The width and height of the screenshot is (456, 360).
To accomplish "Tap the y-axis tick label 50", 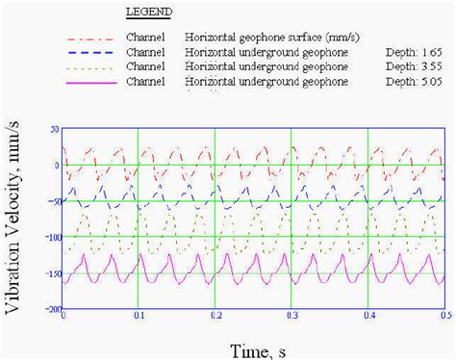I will (x=55, y=128).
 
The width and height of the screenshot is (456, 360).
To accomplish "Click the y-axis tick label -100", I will (x=52, y=238).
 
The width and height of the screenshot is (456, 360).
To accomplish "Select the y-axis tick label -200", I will (x=52, y=310).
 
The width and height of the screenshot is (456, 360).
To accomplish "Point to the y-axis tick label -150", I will (x=52, y=274).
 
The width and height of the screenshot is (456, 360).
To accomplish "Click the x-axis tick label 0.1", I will (x=139, y=317).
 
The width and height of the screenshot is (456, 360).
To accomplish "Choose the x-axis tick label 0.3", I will (x=291, y=317).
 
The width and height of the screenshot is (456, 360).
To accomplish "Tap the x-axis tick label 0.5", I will (x=442, y=317).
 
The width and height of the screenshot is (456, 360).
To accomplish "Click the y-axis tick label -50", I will (x=54, y=201).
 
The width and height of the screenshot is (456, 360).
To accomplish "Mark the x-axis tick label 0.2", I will (x=215, y=317).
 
